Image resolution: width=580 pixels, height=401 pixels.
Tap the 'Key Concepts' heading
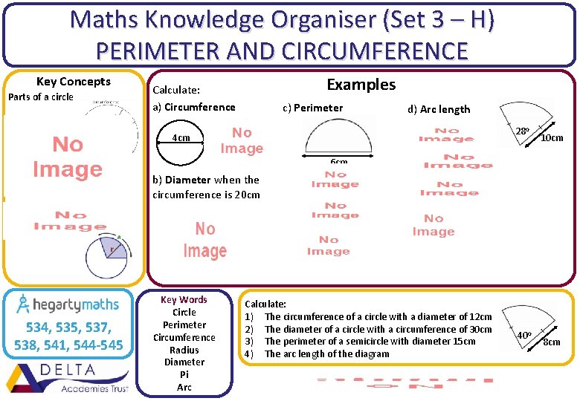[x=74, y=82]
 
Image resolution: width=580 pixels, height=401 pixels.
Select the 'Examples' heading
[x=361, y=85]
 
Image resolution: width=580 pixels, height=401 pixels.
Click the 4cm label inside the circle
[x=181, y=137]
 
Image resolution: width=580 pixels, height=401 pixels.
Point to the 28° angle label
[x=523, y=131]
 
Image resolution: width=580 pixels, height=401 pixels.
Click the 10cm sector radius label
[x=552, y=138]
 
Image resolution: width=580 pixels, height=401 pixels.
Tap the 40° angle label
[x=525, y=335]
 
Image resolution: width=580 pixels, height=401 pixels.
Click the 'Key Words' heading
[x=184, y=300]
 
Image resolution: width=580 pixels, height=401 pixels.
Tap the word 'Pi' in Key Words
[x=184, y=375]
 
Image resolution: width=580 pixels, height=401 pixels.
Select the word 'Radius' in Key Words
[x=184, y=350]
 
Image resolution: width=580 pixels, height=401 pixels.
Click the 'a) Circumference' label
[x=193, y=107]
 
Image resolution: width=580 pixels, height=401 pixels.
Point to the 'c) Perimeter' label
[x=313, y=108]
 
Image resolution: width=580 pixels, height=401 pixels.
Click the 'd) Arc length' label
[x=439, y=109]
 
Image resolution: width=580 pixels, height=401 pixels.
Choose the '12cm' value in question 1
[x=478, y=317]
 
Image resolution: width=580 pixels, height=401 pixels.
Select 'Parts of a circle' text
[x=41, y=97]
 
